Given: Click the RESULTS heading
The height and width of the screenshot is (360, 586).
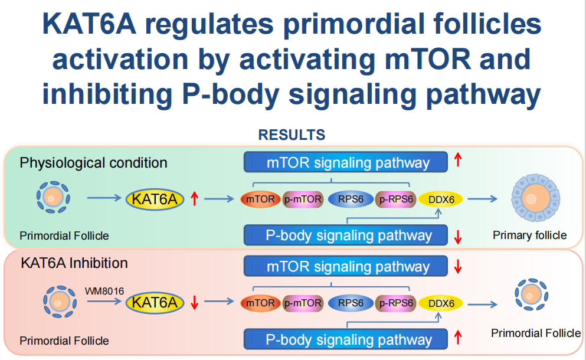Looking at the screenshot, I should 292,135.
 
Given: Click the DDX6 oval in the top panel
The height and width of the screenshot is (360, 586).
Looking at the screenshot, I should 442,199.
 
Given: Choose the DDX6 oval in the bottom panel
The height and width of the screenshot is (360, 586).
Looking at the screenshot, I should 442,303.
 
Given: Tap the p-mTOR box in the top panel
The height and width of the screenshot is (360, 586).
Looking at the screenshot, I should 303,199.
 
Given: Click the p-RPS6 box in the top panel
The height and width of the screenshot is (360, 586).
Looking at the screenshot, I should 396,199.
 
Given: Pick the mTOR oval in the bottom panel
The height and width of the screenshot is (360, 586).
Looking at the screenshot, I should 260,303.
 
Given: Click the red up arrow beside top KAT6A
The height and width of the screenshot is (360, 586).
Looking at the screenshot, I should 195,199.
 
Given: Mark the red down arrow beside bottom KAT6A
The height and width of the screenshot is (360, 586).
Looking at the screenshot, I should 195,303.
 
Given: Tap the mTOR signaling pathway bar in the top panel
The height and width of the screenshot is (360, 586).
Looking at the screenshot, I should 346,162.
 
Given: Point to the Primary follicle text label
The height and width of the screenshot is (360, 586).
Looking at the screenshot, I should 529,235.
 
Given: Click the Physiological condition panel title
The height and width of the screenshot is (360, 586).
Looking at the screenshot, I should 93,162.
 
